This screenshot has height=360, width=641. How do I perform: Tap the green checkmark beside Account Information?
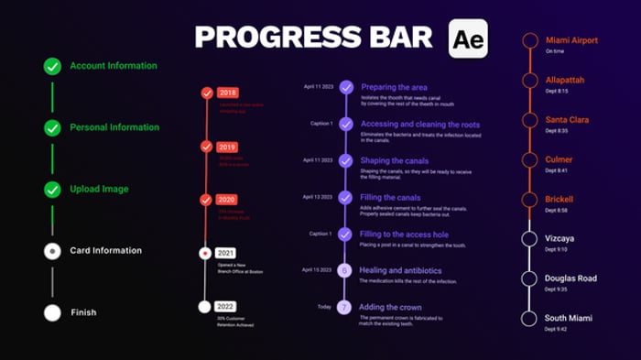click(x=53, y=66)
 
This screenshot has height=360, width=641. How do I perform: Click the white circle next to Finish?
click(x=53, y=312)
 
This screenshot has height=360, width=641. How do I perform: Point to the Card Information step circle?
click(x=53, y=250)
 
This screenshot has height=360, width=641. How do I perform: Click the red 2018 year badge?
click(x=227, y=93)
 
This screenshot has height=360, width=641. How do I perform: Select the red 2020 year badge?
click(x=227, y=200)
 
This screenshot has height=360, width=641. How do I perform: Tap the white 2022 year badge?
click(x=226, y=306)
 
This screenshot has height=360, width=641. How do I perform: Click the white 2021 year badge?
click(x=226, y=253)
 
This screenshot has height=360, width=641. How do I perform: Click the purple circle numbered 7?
click(x=345, y=307)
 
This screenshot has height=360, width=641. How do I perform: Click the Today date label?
click(x=324, y=307)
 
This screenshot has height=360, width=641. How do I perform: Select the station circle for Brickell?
click(x=528, y=199)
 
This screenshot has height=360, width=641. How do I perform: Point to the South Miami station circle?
click(x=528, y=318)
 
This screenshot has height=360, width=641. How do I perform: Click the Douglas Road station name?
click(x=570, y=278)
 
